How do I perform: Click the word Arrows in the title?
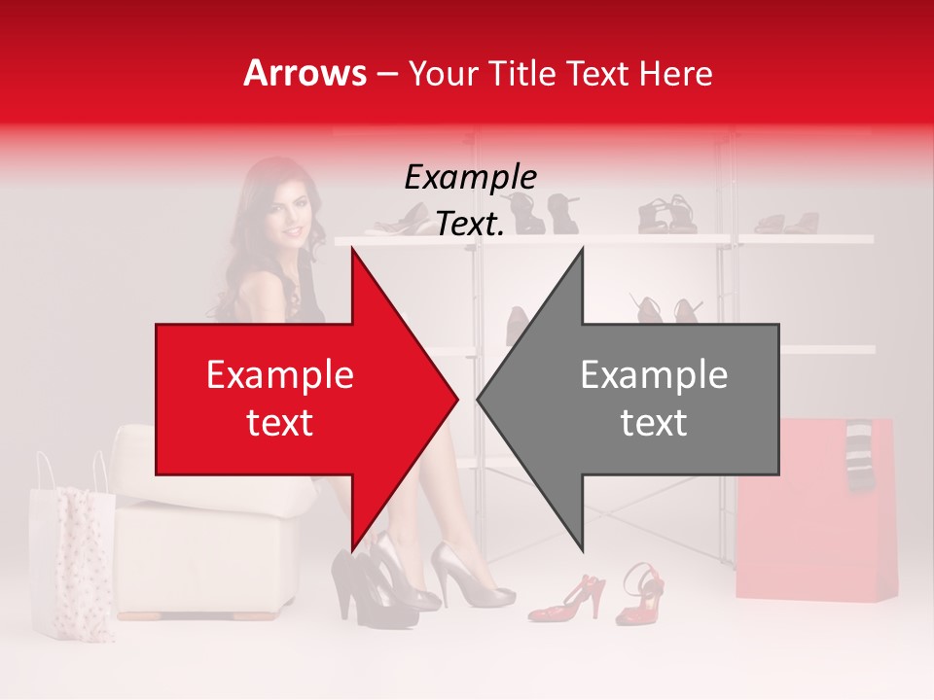(305, 73)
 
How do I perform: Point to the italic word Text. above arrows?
(470, 225)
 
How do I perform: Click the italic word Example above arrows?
(470, 178)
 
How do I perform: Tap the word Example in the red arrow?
(280, 375)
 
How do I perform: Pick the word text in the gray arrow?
(654, 423)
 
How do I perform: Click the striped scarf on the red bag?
(860, 456)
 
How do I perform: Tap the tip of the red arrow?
(455, 400)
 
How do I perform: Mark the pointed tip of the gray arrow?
(480, 400)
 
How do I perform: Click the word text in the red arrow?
(280, 423)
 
